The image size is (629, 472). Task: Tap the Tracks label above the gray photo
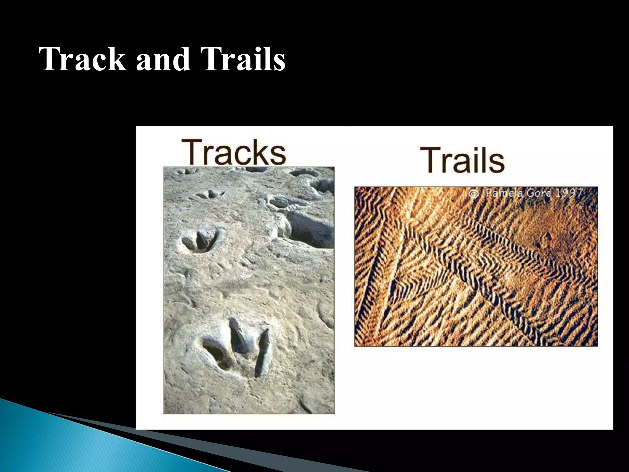pyautogui.click(x=233, y=152)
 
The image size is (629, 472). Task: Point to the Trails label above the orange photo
pyautogui.click(x=462, y=160)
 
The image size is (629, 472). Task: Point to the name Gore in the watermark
pyautogui.click(x=537, y=193)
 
